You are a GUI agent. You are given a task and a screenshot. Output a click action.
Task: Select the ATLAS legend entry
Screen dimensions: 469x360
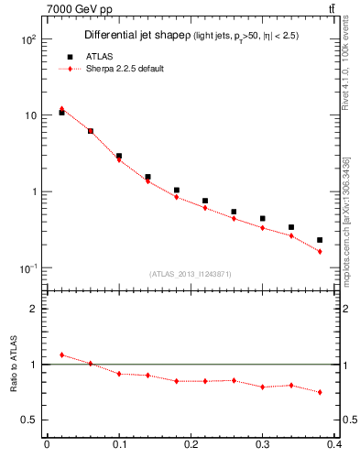point(88,56)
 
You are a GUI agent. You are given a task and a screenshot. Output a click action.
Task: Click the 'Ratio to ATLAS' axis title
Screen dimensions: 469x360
point(12,365)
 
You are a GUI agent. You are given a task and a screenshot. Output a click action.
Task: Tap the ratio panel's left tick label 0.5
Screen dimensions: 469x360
point(30,420)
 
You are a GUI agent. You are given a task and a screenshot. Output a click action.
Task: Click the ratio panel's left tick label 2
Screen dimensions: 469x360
point(35,309)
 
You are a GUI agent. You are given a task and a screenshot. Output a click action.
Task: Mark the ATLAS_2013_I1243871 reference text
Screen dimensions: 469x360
point(191,275)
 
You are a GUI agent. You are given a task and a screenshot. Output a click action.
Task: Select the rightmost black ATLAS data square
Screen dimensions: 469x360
point(320,240)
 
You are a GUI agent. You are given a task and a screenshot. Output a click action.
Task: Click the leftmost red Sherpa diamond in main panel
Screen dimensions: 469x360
point(61,109)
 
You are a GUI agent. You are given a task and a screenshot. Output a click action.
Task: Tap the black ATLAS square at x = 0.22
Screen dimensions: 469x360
point(205,201)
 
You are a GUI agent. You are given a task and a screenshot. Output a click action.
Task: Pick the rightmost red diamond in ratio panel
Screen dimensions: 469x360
point(320,392)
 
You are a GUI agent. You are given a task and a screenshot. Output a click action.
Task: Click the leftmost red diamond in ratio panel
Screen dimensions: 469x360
point(61,354)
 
